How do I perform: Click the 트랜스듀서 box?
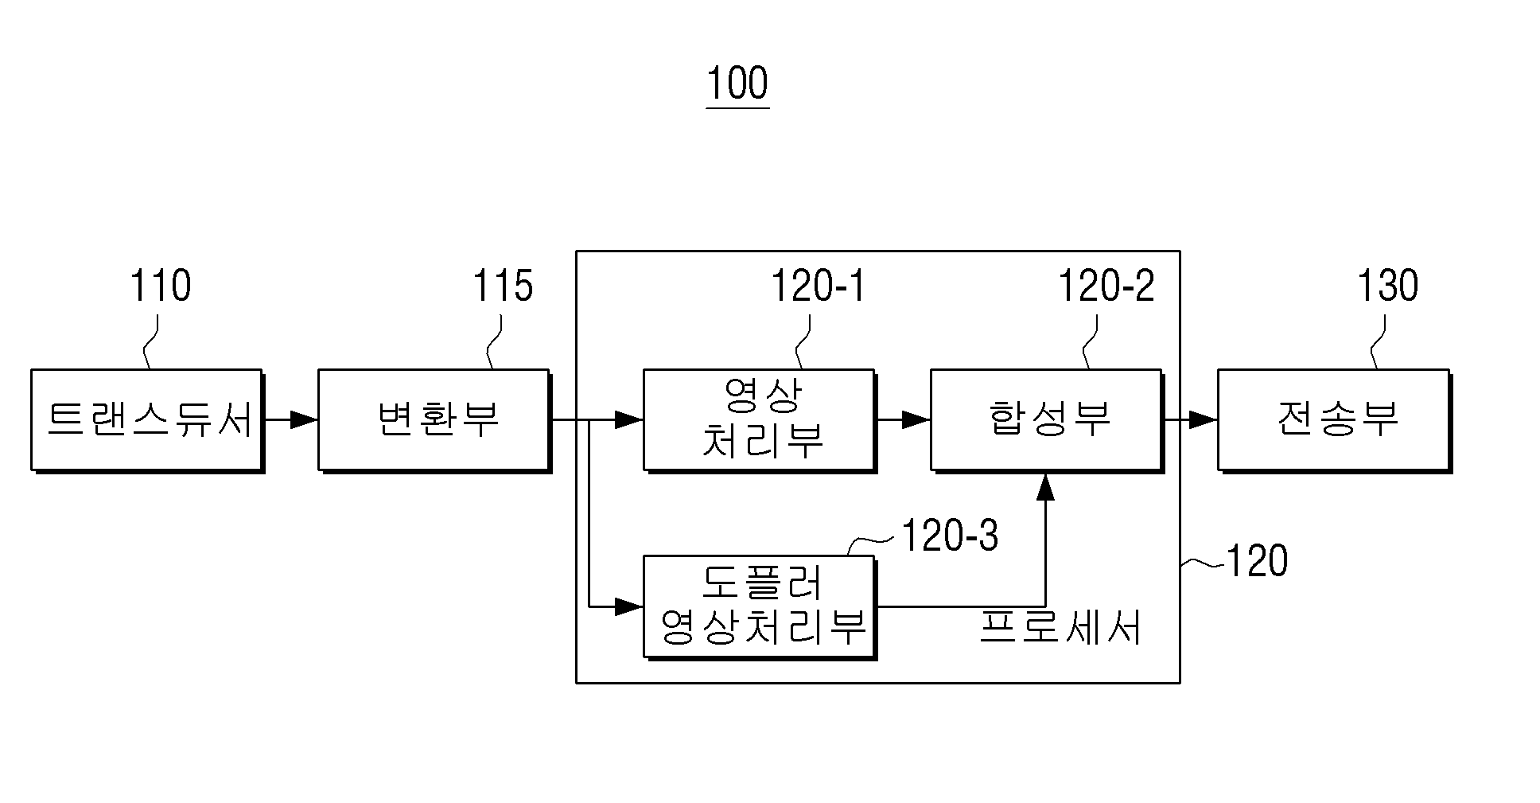(x=147, y=420)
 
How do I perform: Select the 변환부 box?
(x=434, y=420)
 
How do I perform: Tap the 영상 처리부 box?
(x=760, y=420)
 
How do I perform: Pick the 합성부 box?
(x=1047, y=420)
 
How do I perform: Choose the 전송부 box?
(x=1334, y=420)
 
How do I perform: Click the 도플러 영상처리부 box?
(x=760, y=607)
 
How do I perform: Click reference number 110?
(x=160, y=286)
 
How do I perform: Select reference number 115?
(x=503, y=286)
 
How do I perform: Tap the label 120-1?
(x=818, y=286)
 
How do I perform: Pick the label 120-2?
(x=1106, y=286)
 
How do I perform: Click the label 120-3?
(x=950, y=536)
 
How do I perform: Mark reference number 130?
(x=1387, y=286)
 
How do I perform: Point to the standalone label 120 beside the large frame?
(x=1257, y=561)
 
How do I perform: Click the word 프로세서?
(x=1060, y=627)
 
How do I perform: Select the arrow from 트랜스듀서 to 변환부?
(x=290, y=419)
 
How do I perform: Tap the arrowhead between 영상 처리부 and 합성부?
(x=916, y=419)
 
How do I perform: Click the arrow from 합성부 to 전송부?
(x=1190, y=419)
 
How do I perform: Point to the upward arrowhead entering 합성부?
(x=1046, y=485)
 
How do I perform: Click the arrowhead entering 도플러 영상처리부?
(x=629, y=607)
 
